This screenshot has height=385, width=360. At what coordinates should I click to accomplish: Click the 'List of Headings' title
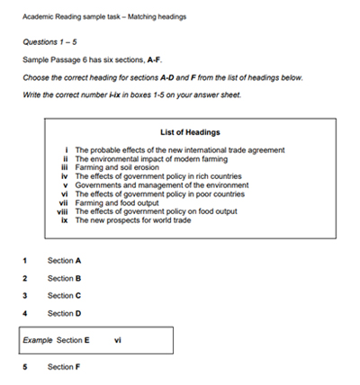(x=189, y=133)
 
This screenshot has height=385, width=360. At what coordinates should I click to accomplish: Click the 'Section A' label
(x=65, y=261)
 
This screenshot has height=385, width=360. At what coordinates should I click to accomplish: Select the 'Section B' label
(x=65, y=278)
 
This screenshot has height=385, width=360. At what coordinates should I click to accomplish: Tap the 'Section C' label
(x=65, y=295)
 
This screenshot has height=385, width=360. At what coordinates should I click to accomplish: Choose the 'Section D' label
(x=65, y=313)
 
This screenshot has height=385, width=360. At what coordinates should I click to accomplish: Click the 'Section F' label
(x=65, y=367)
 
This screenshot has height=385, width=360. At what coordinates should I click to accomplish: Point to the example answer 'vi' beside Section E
(x=120, y=341)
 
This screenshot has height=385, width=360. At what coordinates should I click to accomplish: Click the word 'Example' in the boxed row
(x=38, y=341)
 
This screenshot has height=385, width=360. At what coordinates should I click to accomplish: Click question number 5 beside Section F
(x=25, y=367)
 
